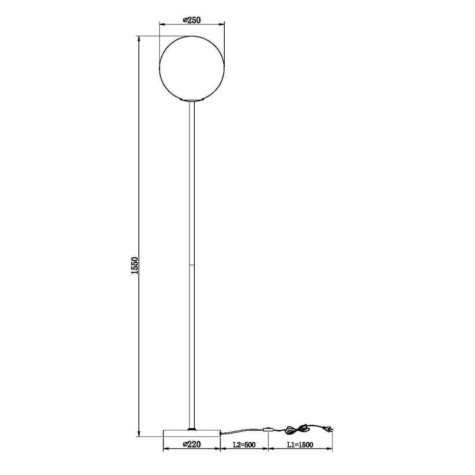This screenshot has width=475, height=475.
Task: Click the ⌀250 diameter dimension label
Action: coord(192,20)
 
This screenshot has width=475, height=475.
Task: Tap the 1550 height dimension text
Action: coord(134,266)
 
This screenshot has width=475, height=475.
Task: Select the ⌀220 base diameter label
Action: coord(191,445)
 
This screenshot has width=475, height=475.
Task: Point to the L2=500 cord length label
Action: coord(244,445)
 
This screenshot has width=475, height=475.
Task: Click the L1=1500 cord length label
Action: coord(300,445)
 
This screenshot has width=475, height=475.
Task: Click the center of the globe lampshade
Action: coord(192,68)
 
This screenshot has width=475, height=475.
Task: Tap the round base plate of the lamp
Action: coord(191,433)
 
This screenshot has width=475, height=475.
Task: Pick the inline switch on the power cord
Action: coord(268,429)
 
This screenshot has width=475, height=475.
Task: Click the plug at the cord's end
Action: coord(329,429)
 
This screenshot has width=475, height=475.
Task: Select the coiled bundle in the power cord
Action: coord(298,428)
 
